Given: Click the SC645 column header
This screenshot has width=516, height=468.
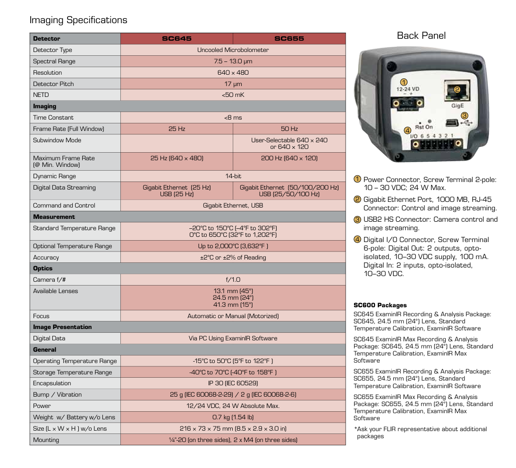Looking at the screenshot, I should pyautogui.click(x=177, y=39).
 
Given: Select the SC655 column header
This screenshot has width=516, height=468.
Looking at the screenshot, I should pyautogui.click(x=289, y=39).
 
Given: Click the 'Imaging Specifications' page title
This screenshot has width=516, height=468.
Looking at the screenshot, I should pyautogui.click(x=78, y=20).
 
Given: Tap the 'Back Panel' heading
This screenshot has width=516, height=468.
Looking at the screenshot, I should pyautogui.click(x=421, y=35).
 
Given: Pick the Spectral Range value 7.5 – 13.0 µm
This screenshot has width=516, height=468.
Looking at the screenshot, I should pyautogui.click(x=233, y=61).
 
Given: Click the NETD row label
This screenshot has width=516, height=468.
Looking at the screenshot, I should pyautogui.click(x=41, y=95).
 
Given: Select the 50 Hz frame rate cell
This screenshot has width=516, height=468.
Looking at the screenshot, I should pyautogui.click(x=289, y=129).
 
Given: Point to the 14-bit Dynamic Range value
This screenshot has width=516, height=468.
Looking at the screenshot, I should pyautogui.click(x=233, y=176).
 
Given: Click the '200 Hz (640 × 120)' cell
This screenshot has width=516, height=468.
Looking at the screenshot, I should pyautogui.click(x=289, y=158).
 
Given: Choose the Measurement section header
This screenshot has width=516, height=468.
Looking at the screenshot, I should pyautogui.click(x=54, y=217).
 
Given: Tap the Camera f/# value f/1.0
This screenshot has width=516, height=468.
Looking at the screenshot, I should pyautogui.click(x=233, y=280).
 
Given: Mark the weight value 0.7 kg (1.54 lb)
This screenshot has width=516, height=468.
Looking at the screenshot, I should pyautogui.click(x=233, y=417).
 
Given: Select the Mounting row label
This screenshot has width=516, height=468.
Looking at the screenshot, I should pyautogui.click(x=46, y=440).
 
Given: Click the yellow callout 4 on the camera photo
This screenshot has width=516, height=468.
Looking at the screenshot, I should pyautogui.click(x=406, y=130).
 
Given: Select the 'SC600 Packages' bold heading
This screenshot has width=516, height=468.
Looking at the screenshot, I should pyautogui.click(x=380, y=305).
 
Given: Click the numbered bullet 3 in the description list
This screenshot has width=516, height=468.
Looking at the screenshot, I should pyautogui.click(x=357, y=219).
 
